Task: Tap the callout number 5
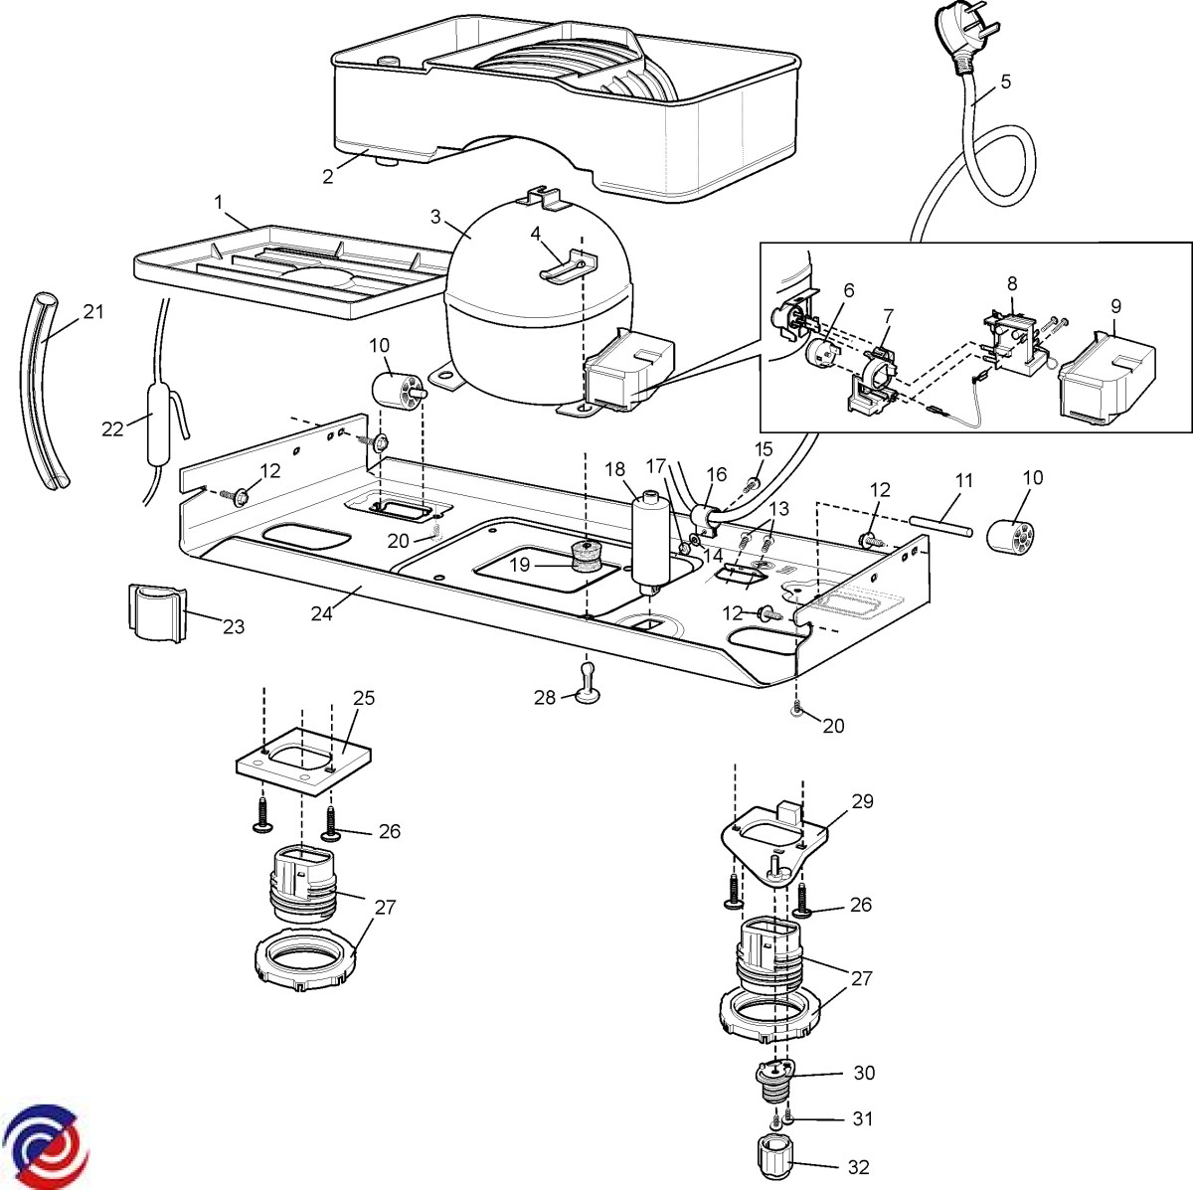pos(1006,82)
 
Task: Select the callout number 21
pos(92,311)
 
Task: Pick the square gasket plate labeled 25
pos(303,758)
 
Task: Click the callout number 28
pos(544,698)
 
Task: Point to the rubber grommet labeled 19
pos(587,560)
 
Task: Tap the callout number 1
pos(218,202)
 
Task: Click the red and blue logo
pos(45,1143)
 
